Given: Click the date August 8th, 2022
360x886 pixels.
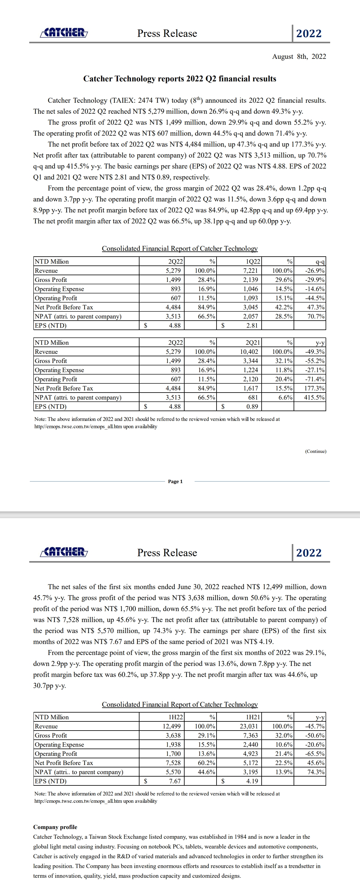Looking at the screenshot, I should pos(299,56).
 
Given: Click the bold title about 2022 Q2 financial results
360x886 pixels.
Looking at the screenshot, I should pos(179,79).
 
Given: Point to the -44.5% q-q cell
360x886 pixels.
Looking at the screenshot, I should pos(315,298).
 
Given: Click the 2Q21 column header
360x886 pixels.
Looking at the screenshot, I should pos(253,343).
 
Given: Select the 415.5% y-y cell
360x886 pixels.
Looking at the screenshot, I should pos(314,397).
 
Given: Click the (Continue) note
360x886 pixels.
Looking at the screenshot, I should pos(315,451).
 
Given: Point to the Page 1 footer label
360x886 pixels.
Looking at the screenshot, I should pos(175,482).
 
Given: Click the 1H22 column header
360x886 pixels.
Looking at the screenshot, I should pos(175,717).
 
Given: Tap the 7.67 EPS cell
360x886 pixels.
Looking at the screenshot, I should pos(175,781).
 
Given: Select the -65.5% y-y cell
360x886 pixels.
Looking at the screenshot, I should pos(315,754).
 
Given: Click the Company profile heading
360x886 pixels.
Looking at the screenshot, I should pos(55,827).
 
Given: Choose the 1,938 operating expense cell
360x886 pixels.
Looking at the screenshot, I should pos(173,745).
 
